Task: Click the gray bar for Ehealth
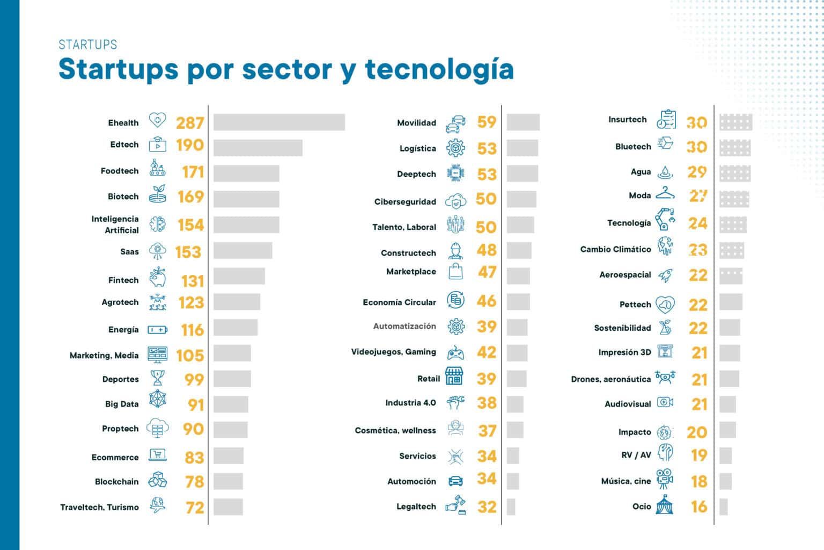279,122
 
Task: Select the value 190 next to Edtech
190,145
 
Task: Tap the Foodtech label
120,171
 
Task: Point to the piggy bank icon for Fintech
157,278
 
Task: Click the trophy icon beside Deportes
157,378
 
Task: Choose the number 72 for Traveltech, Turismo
195,507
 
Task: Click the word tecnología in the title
439,69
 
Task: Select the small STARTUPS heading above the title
87,45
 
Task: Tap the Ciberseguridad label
405,202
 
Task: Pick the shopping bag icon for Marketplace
455,271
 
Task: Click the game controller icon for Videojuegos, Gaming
455,353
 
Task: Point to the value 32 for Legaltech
487,506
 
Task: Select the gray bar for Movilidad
523,122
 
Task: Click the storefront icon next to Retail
454,377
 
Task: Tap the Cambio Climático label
615,249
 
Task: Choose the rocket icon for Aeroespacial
665,276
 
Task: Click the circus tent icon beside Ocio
665,505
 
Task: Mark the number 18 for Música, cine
699,481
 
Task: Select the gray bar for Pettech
731,302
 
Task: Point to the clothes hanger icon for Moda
665,193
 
